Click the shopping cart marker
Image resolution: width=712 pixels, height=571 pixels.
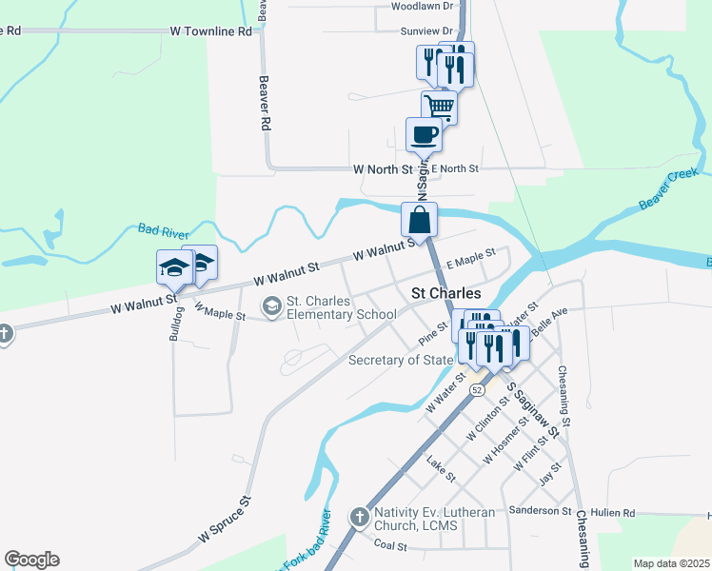pos(439,106)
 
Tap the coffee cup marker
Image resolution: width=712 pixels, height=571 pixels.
pos(424,134)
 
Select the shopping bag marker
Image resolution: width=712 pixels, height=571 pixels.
pos(419,220)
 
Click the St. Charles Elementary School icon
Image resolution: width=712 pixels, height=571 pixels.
pos(273,305)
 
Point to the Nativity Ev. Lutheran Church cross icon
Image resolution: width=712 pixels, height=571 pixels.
pos(359,518)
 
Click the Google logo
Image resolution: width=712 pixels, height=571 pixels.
pos(31,560)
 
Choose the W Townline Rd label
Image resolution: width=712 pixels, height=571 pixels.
pos(210,31)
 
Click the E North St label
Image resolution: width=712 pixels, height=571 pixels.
pos(455,168)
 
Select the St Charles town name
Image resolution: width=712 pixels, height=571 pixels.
pos(445,294)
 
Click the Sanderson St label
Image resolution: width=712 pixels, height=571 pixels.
pos(540,511)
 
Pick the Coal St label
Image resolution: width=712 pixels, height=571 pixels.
pos(389,546)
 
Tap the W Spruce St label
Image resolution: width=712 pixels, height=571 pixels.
pos(225,520)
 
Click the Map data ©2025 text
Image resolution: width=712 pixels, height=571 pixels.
pos(671,563)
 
